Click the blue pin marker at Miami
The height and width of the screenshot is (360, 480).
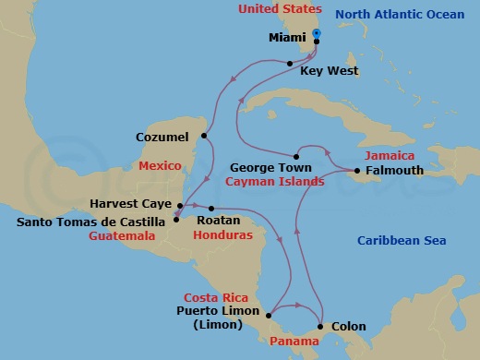tap(317, 33)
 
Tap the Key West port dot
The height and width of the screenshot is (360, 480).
tap(290, 63)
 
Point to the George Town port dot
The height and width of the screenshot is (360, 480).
tap(295, 155)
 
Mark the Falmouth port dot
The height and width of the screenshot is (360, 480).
tap(356, 171)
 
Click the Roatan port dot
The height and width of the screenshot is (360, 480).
tap(211, 208)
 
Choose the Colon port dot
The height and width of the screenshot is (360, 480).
tap(320, 326)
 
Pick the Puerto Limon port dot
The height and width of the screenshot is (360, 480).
tap(268, 316)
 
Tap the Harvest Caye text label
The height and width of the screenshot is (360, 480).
tap(129, 203)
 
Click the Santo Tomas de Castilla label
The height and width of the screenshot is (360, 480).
tap(93, 221)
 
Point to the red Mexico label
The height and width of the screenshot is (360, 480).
tap(161, 167)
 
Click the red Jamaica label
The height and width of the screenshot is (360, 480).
tap(390, 155)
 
